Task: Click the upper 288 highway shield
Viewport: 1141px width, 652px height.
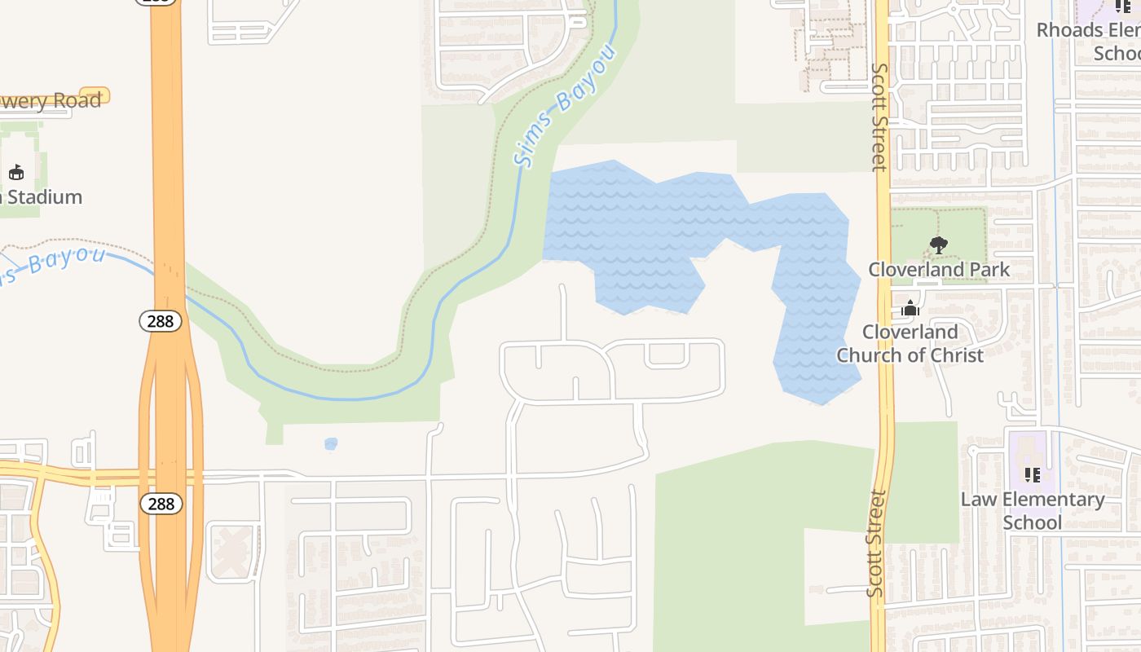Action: (x=160, y=321)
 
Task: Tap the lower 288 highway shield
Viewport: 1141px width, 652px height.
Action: (x=161, y=504)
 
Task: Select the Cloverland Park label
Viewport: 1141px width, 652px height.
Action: (x=938, y=269)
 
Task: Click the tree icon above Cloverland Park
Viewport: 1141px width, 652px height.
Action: (x=938, y=244)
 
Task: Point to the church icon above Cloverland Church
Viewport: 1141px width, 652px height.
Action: (x=910, y=308)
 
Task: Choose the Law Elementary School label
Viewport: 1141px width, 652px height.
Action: (x=1032, y=510)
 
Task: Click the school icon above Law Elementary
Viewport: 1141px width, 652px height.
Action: (x=1032, y=474)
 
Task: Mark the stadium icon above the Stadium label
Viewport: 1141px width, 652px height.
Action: (x=15, y=172)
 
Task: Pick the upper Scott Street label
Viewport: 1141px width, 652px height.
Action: (x=879, y=117)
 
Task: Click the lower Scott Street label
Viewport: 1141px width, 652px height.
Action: (x=876, y=543)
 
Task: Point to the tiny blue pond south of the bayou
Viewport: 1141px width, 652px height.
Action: (x=330, y=444)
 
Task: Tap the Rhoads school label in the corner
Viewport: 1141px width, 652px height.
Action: (x=1090, y=42)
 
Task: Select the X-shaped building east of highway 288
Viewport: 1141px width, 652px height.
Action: (x=233, y=552)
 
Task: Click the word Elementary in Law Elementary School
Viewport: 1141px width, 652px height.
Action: (x=1055, y=500)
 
